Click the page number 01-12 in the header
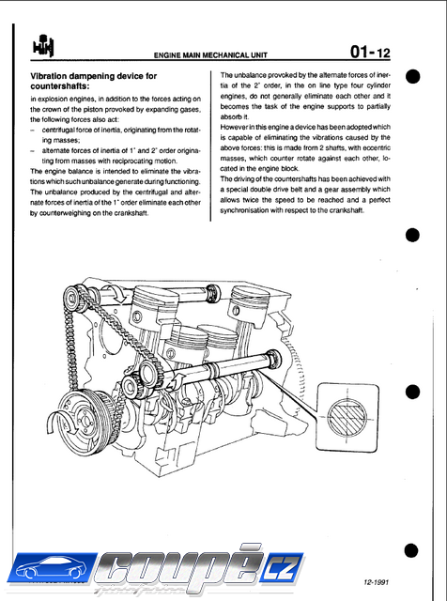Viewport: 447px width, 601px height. point(370,52)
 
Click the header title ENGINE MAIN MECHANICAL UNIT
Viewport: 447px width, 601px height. point(210,55)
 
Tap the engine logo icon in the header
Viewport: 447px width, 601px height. point(43,46)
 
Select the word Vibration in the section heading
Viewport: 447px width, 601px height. point(47,76)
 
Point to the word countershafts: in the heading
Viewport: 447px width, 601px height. point(60,85)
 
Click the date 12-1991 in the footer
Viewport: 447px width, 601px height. point(376,582)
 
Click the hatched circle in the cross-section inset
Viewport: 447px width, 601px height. point(347,417)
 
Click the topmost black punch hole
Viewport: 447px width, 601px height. point(412,76)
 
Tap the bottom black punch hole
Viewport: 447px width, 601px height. point(411,550)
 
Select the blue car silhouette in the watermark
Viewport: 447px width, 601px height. point(50,567)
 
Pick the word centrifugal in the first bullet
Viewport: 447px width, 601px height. point(57,130)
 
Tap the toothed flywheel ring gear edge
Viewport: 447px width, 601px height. point(297,368)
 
